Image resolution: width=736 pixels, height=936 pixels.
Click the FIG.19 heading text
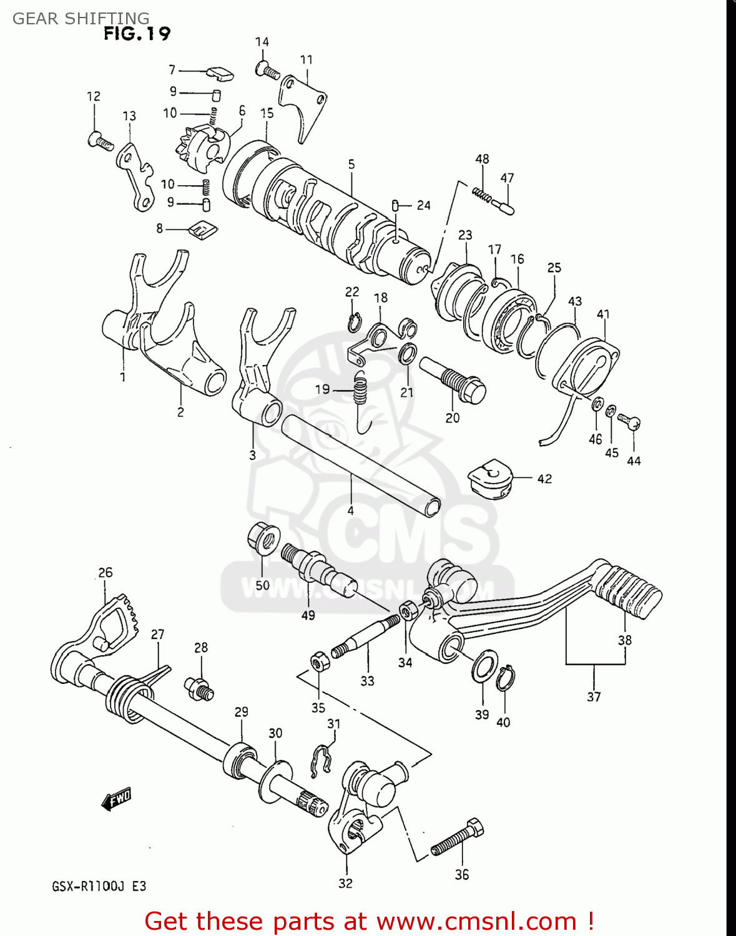coord(137,33)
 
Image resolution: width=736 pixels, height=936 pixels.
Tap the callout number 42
coord(544,479)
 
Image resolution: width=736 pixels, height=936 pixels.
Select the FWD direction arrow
coord(116,798)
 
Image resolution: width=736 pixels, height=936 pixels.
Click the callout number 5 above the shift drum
coord(351,164)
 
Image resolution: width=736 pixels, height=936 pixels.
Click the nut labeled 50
coord(263,539)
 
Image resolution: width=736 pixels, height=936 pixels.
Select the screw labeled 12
coord(101,141)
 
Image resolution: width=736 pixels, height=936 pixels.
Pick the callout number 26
coord(105,572)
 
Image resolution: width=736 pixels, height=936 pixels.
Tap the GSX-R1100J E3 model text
coord(99,886)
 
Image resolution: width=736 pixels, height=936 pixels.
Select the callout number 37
coord(594,696)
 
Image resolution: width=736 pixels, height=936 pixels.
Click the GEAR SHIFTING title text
coord(81,18)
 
